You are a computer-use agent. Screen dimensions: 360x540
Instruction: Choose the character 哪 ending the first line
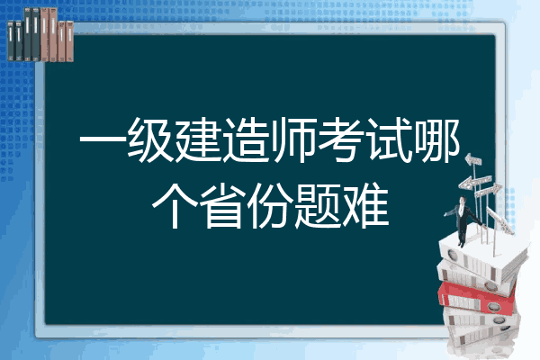pos(438,144)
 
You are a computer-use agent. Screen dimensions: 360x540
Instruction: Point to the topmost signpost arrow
pos(474,160)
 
